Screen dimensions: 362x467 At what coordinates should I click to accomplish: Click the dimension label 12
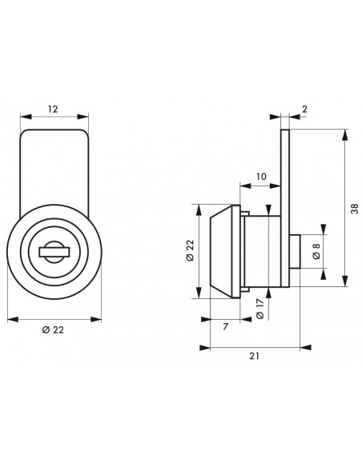coord(53,110)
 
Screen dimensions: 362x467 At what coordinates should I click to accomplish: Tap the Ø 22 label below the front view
coord(53,330)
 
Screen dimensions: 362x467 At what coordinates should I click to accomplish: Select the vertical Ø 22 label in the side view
coord(190,250)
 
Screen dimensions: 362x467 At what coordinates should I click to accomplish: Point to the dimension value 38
coord(355,208)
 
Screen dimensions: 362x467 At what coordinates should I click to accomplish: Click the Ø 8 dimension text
coord(316,251)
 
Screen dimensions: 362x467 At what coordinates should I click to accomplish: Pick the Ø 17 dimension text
coord(260,308)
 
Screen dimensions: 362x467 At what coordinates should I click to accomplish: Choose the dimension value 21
coord(255,356)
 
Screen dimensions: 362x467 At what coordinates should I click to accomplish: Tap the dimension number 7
coord(225,327)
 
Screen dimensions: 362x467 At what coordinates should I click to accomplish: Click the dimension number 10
coord(261,177)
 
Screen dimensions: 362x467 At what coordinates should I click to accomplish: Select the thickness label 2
coord(304,110)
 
